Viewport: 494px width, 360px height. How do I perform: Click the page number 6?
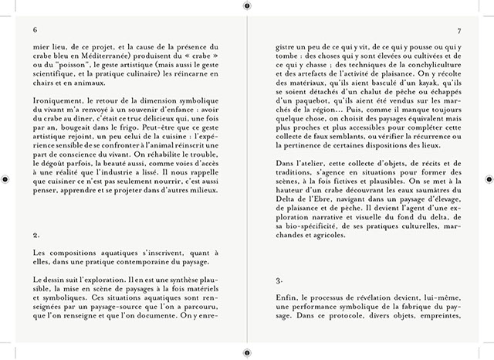(36, 30)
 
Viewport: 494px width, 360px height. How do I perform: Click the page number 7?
(459, 30)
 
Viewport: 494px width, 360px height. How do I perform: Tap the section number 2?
(36, 234)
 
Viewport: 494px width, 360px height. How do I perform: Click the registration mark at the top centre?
(247, 5)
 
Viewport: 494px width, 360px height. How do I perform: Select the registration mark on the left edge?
(5, 179)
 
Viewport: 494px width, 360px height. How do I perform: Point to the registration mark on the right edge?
(489, 179)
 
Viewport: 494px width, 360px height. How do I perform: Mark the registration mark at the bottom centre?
(247, 354)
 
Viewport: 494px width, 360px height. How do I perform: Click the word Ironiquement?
(58, 100)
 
